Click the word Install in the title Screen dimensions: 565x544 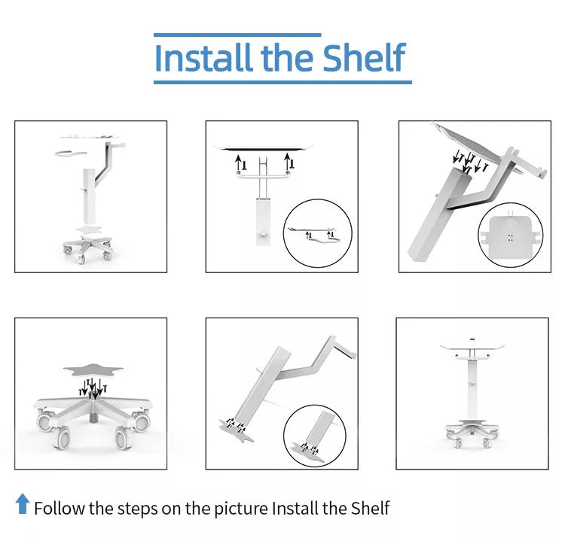tap(203, 58)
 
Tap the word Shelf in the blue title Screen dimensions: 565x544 tap(365, 58)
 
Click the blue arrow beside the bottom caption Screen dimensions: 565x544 tap(23, 503)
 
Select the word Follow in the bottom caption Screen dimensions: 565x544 tap(60, 508)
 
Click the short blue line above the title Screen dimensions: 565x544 tap(237, 35)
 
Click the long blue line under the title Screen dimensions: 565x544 tap(282, 83)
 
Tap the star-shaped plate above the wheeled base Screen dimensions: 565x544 tap(93, 369)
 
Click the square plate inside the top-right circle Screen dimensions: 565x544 tap(510, 234)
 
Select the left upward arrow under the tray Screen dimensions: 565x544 tap(238, 163)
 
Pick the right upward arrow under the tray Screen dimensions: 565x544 tap(287, 161)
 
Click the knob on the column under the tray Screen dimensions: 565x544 tap(263, 235)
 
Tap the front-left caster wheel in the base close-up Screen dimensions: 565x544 tap(62, 438)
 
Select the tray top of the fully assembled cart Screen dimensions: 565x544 tap(472, 347)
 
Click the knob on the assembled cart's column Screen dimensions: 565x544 tap(472, 384)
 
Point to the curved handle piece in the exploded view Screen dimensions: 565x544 tap(71, 153)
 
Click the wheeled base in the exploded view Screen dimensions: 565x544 tap(87, 248)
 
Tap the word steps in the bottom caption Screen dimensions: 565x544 tap(137, 509)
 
